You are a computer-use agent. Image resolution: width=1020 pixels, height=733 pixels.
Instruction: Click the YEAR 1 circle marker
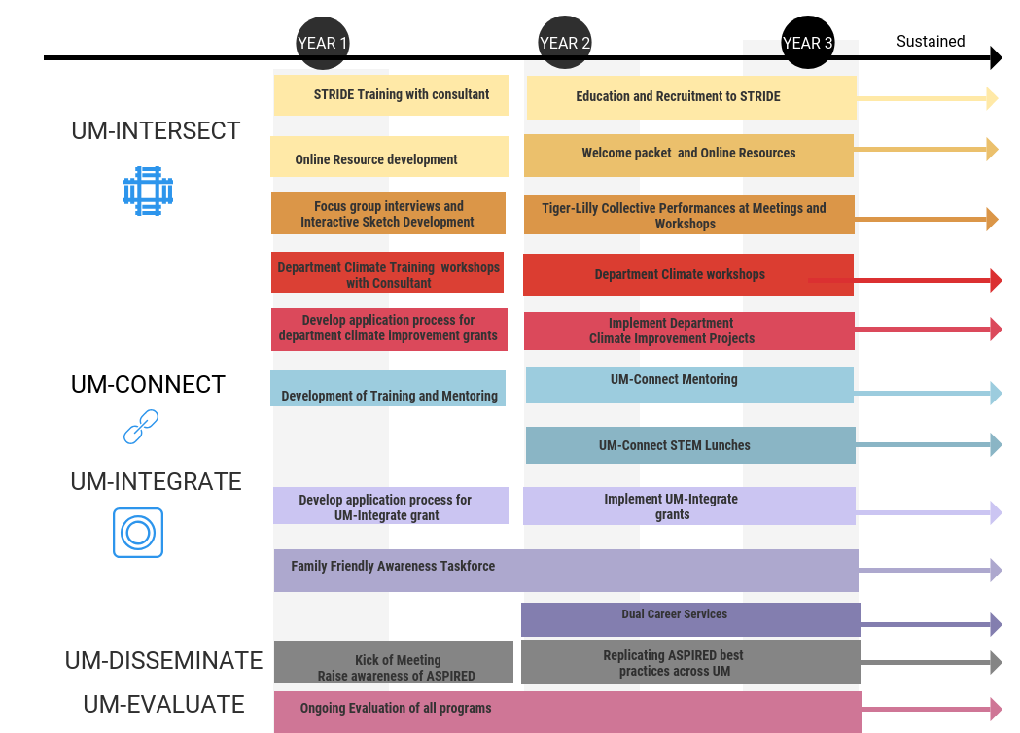[323, 43]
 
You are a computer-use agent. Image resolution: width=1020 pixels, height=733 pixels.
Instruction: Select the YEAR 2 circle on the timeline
[565, 42]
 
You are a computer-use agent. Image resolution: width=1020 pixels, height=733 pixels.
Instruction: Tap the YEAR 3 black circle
[807, 42]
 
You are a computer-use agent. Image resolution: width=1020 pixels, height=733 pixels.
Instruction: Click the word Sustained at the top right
[931, 42]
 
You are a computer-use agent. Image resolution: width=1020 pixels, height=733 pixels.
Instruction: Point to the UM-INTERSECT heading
[157, 130]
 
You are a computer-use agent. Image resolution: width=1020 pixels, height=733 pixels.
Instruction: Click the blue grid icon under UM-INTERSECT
[149, 192]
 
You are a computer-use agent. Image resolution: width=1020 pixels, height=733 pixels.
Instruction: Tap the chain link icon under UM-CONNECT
[141, 427]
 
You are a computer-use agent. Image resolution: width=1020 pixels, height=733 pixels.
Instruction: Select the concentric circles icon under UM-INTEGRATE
[138, 533]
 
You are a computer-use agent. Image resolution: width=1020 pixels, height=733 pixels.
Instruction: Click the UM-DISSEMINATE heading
[164, 661]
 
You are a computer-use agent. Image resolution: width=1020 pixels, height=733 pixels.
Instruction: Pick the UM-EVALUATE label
[164, 705]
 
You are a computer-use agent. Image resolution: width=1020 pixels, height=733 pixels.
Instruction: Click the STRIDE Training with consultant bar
[391, 95]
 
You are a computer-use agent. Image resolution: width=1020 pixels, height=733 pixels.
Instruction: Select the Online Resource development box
[389, 157]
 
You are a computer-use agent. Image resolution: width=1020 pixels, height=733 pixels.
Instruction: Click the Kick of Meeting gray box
[394, 662]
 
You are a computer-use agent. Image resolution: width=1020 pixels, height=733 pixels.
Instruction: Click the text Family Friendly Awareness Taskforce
[393, 566]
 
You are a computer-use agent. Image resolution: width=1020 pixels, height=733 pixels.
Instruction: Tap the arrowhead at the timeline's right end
[996, 58]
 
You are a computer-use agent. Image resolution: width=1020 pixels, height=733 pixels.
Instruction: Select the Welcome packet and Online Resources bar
[688, 156]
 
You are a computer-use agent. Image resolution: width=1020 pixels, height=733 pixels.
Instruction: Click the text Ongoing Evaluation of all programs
[396, 708]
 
